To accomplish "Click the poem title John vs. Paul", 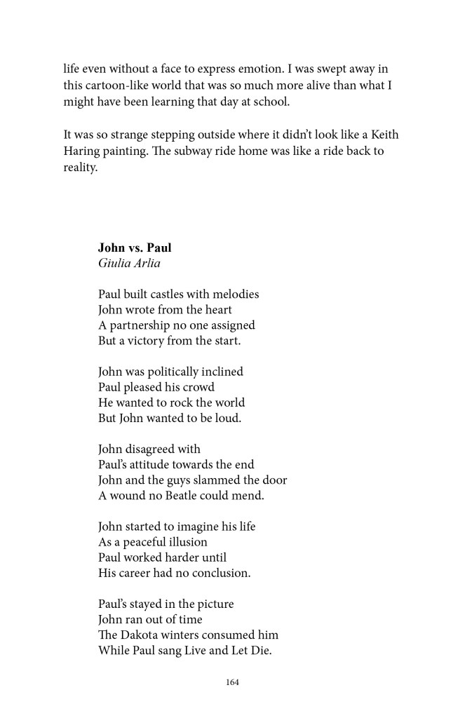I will pyautogui.click(x=135, y=248).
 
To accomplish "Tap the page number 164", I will pyautogui.click(x=232, y=682).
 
